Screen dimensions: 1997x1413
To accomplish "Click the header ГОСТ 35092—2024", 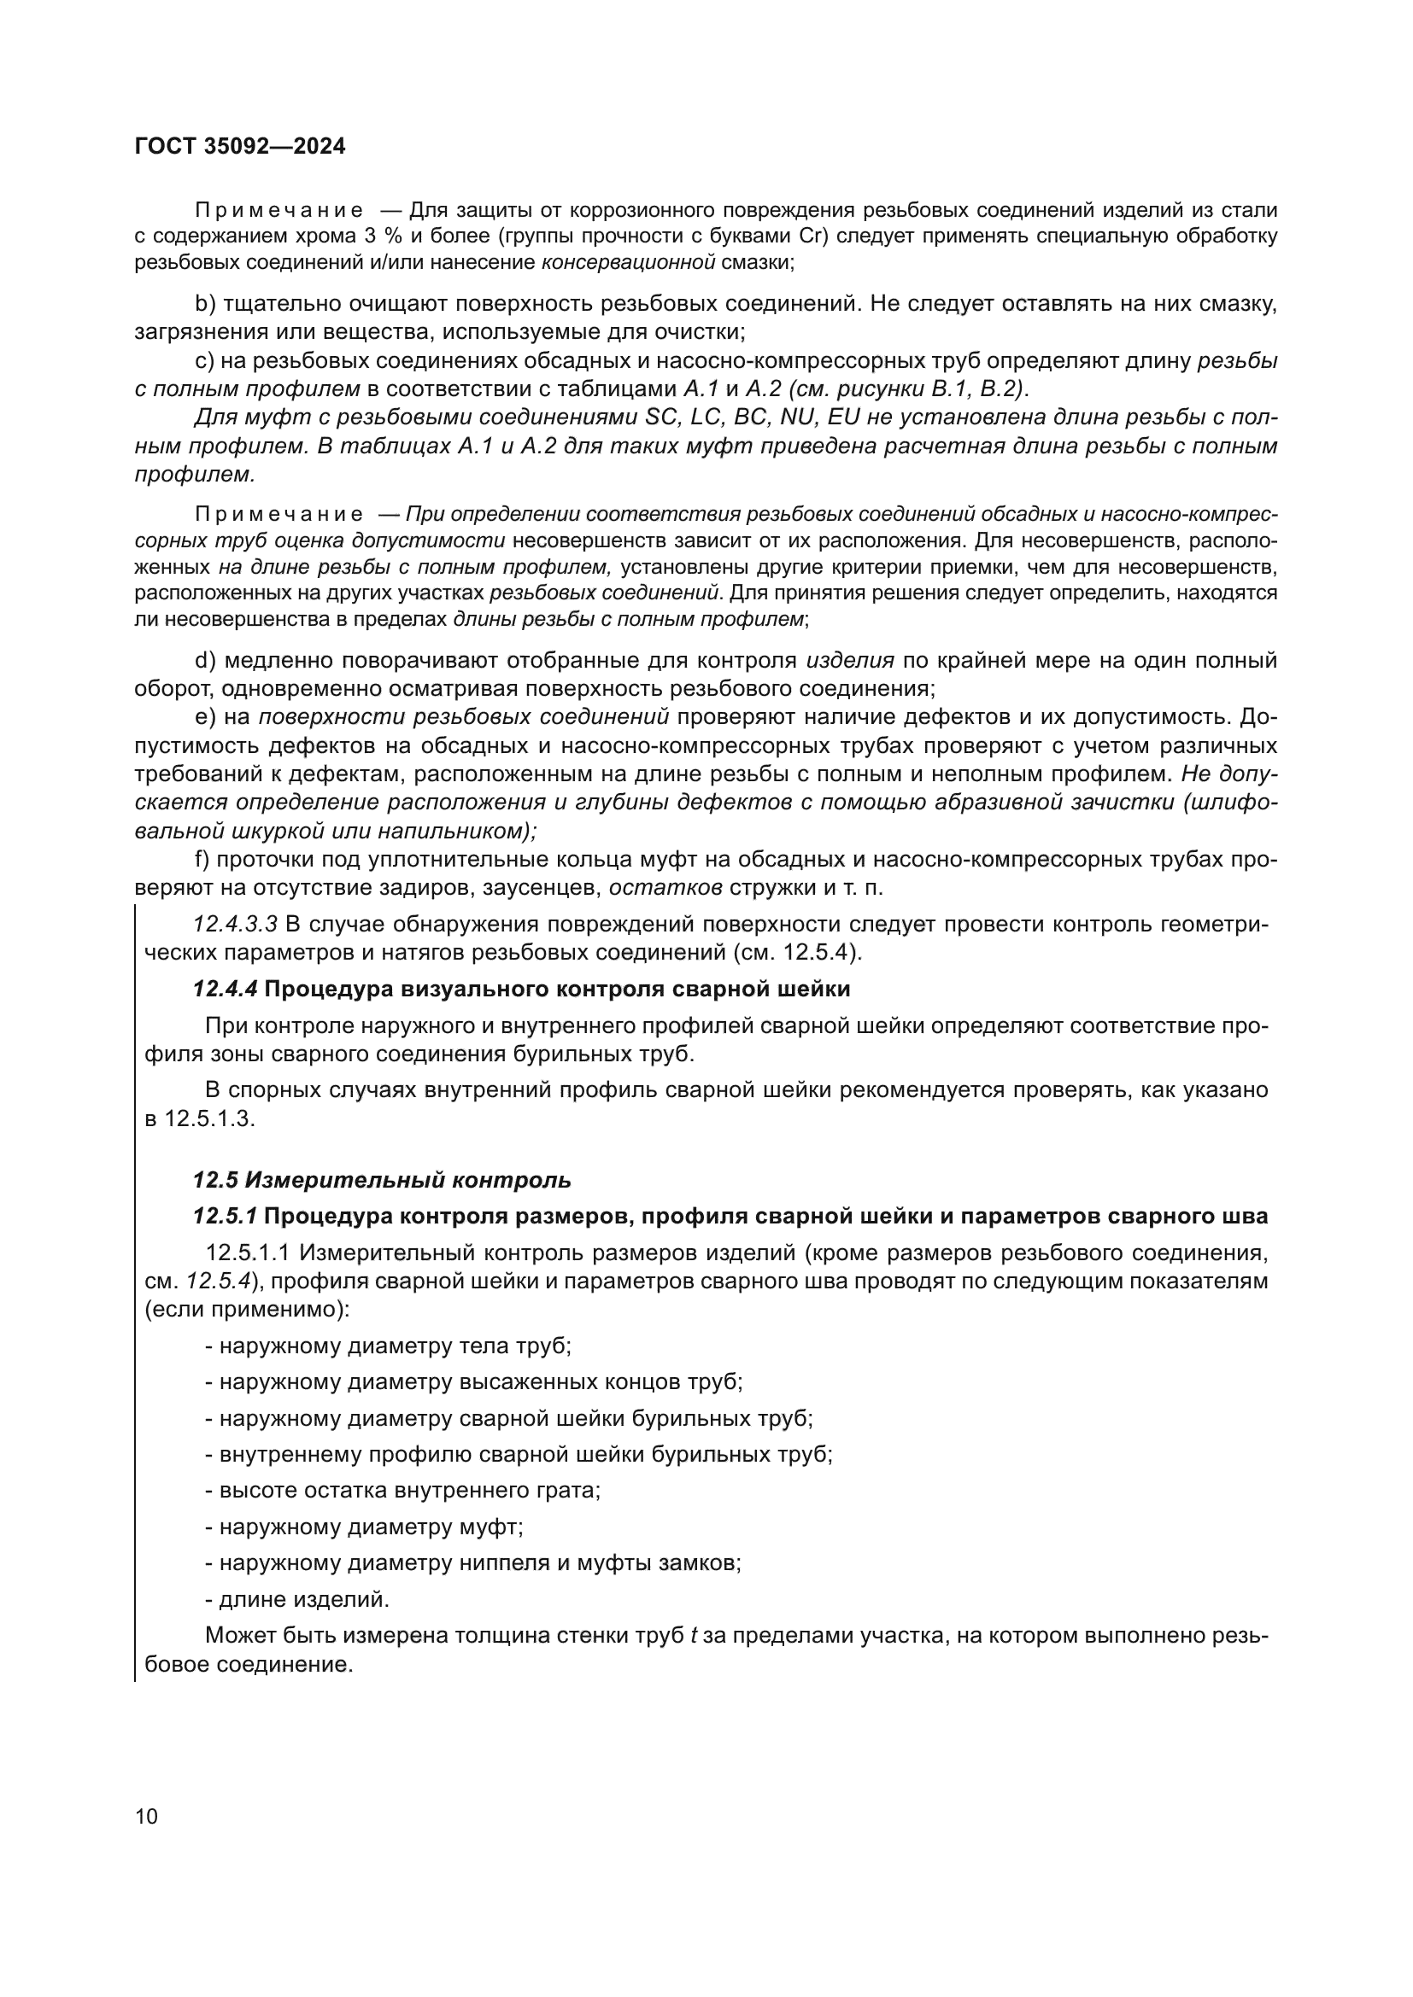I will pos(240,146).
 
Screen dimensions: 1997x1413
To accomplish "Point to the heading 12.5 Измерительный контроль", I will pos(382,1180).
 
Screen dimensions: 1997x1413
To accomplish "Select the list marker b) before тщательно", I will pos(205,304).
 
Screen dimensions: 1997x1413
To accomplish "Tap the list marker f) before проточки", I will pos(202,861).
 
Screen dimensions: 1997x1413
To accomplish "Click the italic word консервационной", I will pos(628,262).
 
